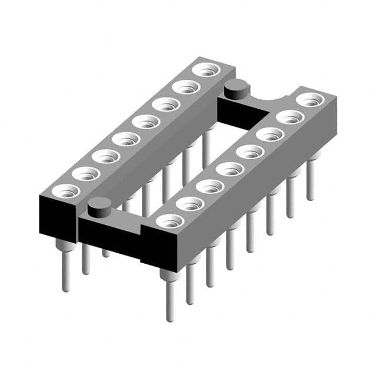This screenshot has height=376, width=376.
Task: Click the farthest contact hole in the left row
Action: [206, 70]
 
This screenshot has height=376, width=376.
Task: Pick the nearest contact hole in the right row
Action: [170, 221]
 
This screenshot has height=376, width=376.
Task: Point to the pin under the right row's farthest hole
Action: [310, 179]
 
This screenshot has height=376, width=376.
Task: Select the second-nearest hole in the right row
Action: [190, 203]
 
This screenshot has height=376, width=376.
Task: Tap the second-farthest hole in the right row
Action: [290, 117]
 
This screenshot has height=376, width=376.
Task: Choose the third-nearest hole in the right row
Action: [210, 187]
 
